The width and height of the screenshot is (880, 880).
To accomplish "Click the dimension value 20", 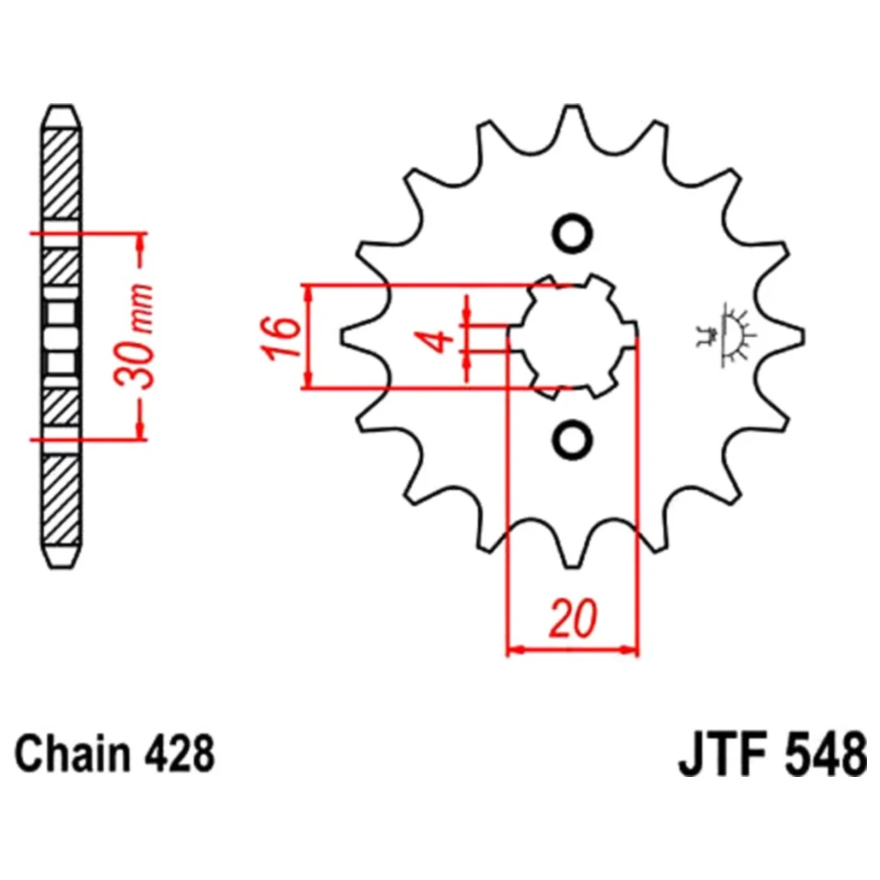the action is tap(573, 619).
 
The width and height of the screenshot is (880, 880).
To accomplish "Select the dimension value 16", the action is tap(280, 338).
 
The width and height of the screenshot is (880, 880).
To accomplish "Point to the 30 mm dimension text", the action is tap(133, 337).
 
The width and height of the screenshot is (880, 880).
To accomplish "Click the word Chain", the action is tap(73, 754).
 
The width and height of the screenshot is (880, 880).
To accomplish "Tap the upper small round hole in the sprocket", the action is tap(573, 233).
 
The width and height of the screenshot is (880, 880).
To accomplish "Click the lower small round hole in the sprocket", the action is tap(573, 438).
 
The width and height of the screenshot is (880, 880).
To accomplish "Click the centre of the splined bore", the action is tap(573, 336).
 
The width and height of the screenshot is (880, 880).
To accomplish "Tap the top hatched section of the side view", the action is tap(62, 174).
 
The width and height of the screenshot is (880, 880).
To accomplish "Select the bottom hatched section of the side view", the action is tap(62, 500).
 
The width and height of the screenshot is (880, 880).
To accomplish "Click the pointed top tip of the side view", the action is tap(62, 106).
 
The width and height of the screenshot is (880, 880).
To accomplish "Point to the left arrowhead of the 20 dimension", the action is tap(515, 650).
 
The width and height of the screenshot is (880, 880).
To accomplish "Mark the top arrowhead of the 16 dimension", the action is tap(307, 293).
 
